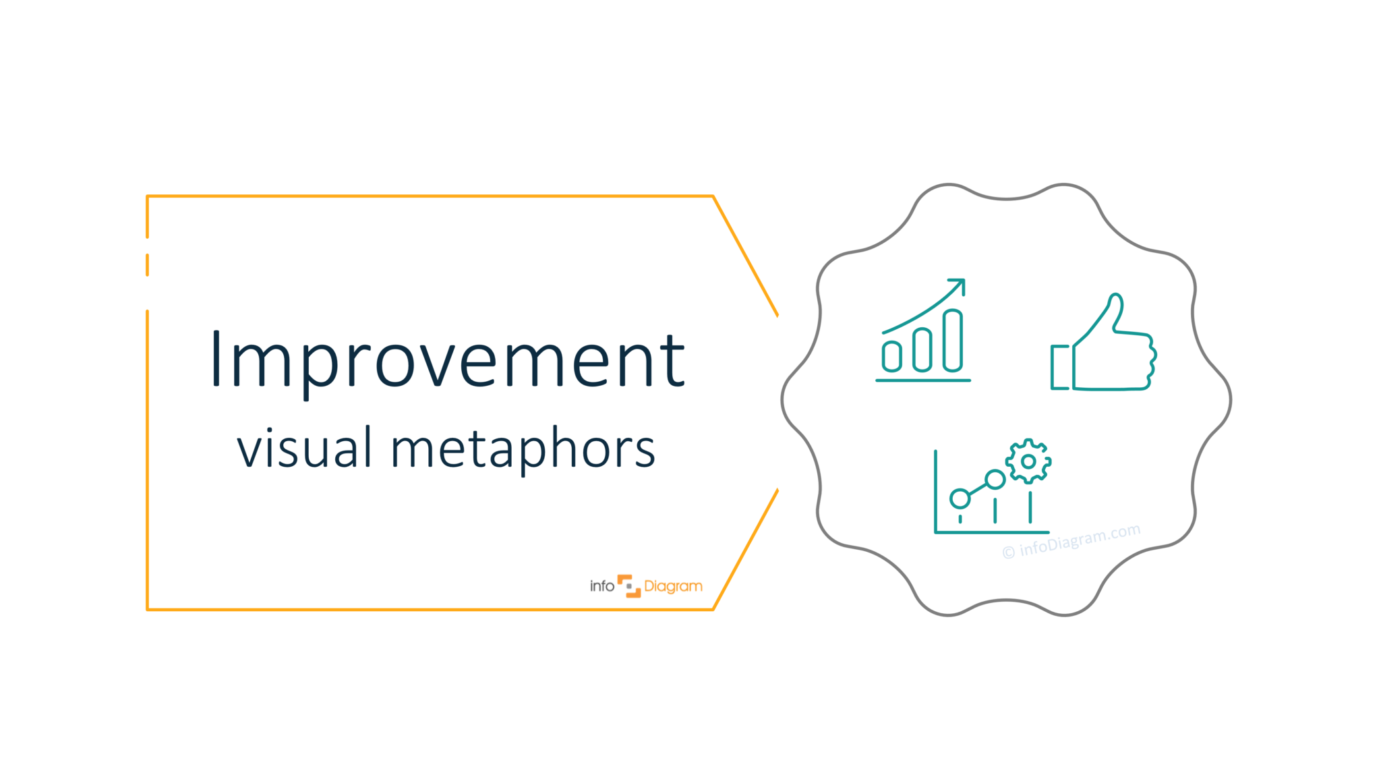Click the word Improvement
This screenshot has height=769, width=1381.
click(x=448, y=361)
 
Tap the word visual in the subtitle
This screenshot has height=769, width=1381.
click(x=304, y=448)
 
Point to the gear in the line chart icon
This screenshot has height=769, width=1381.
click(x=1028, y=461)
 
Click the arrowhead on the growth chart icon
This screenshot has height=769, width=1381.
click(x=959, y=285)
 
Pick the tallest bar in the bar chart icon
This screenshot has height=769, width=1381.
click(x=953, y=341)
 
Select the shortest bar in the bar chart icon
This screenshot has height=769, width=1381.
click(x=892, y=355)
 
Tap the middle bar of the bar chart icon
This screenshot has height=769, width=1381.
click(x=922, y=349)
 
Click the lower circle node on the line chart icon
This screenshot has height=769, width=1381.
click(x=960, y=499)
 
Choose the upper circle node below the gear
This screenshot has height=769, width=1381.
click(x=995, y=480)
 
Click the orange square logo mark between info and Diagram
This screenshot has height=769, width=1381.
click(x=629, y=586)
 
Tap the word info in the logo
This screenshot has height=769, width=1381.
click(x=601, y=586)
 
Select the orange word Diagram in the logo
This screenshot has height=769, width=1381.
click(x=673, y=587)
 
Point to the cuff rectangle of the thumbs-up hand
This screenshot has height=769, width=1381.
click(x=1060, y=367)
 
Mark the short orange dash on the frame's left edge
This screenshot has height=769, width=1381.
click(x=148, y=265)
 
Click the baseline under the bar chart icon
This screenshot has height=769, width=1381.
click(x=922, y=380)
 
